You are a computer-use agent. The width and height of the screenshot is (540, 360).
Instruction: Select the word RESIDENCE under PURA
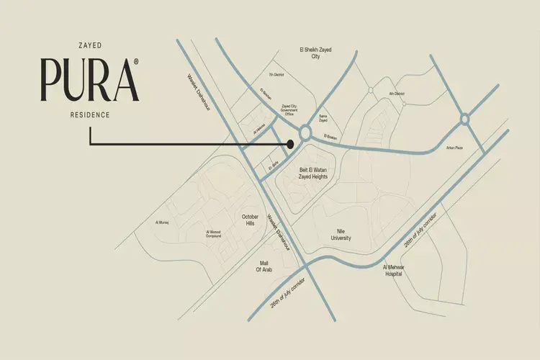tap(90, 115)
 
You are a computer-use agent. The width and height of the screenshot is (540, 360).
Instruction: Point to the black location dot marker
tap(290, 144)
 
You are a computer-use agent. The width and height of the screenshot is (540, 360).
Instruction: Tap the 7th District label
tap(276, 74)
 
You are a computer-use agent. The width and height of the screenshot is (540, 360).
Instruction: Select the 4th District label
tap(397, 94)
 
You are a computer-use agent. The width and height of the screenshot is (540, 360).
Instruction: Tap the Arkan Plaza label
tap(454, 149)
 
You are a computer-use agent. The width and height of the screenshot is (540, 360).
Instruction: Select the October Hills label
tap(250, 220)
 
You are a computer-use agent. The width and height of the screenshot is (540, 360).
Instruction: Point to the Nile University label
tap(341, 234)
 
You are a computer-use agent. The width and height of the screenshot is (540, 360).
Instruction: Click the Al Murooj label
tap(161, 223)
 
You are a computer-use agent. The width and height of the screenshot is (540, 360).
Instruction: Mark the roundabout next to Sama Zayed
tap(305, 132)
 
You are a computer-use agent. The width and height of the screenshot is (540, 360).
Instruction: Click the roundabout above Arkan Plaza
tap(464, 119)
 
